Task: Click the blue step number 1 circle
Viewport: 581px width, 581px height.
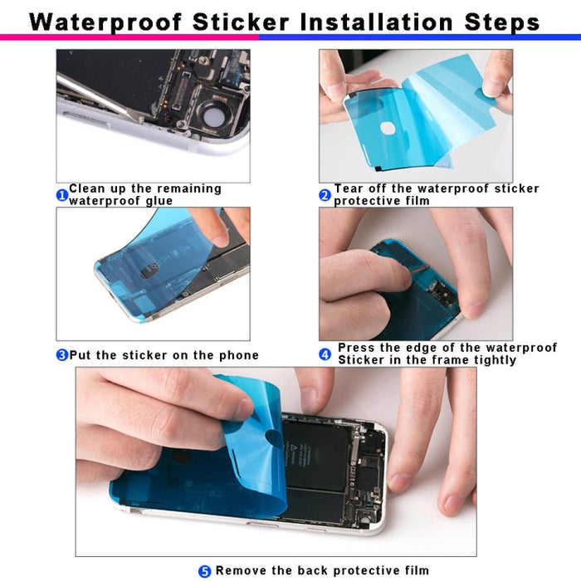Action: click(x=61, y=196)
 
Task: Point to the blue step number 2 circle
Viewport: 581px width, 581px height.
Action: click(x=325, y=196)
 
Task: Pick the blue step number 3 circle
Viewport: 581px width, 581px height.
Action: click(x=61, y=355)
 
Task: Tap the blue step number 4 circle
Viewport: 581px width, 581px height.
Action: click(x=325, y=354)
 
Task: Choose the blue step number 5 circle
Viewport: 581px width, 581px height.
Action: click(x=204, y=571)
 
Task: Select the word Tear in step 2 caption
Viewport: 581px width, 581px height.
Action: click(x=349, y=188)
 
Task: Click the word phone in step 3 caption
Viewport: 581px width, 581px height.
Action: click(x=239, y=355)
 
